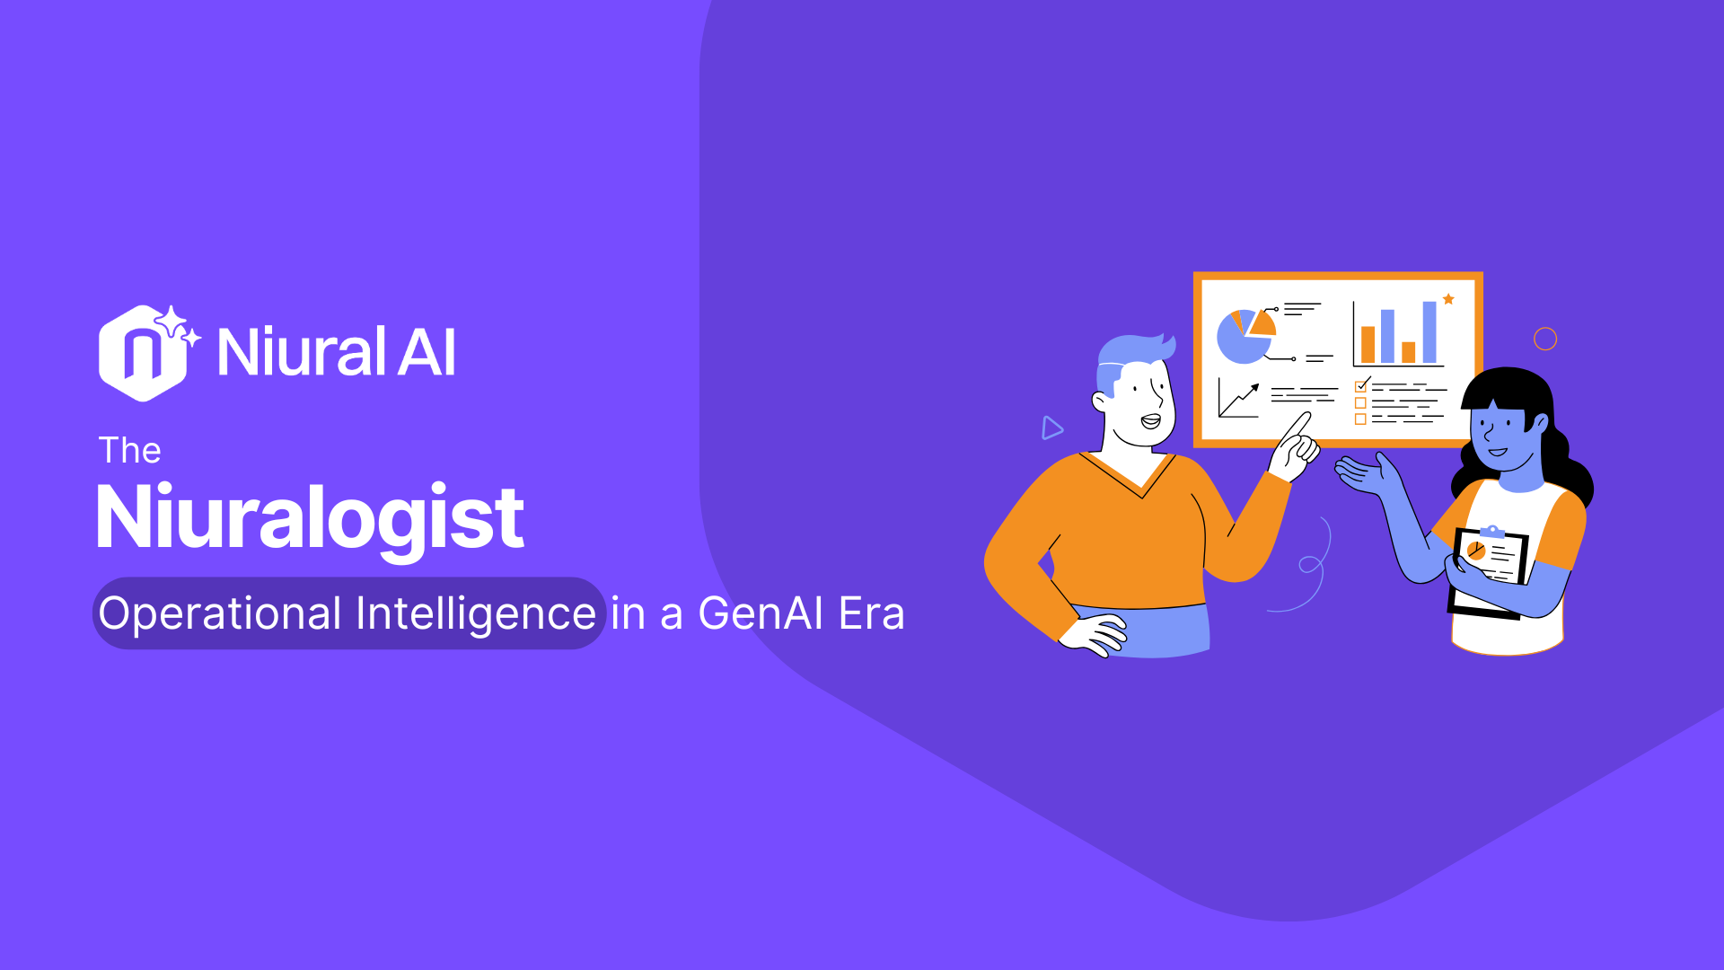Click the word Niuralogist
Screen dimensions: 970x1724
tap(310, 518)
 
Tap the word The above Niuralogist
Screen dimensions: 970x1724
tap(129, 450)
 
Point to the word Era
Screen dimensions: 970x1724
tap(871, 613)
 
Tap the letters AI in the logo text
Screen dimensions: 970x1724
tap(427, 352)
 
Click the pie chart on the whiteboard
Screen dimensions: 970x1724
tap(1244, 336)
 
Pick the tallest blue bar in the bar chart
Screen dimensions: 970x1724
tap(1429, 332)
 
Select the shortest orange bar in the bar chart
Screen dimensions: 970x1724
tap(1409, 352)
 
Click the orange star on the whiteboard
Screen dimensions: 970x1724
tap(1448, 299)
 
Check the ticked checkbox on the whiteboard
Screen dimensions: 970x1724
tap(1361, 385)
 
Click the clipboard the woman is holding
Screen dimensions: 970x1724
tap(1491, 566)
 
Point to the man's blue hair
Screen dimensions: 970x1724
tap(1133, 352)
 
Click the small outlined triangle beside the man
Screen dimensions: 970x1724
tap(1051, 428)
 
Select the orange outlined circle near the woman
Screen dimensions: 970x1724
tap(1545, 339)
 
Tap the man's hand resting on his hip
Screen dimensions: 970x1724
tap(1094, 634)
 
